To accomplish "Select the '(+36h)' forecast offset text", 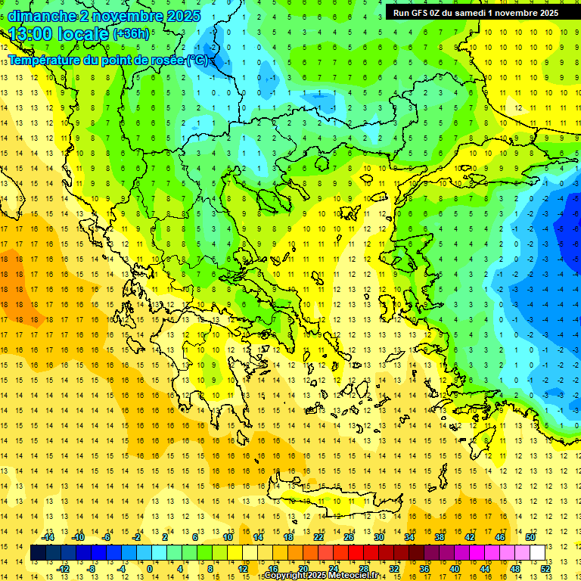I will coord(131,34).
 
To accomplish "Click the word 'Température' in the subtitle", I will coord(45,60).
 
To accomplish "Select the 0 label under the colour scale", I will coord(150,569).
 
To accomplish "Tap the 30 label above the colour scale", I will coord(378,536).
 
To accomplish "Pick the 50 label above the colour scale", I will coord(530,536).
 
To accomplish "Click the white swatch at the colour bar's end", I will coord(537,553).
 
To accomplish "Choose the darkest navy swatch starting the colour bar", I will coord(39,553).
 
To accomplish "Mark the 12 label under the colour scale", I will coord(243,569).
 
